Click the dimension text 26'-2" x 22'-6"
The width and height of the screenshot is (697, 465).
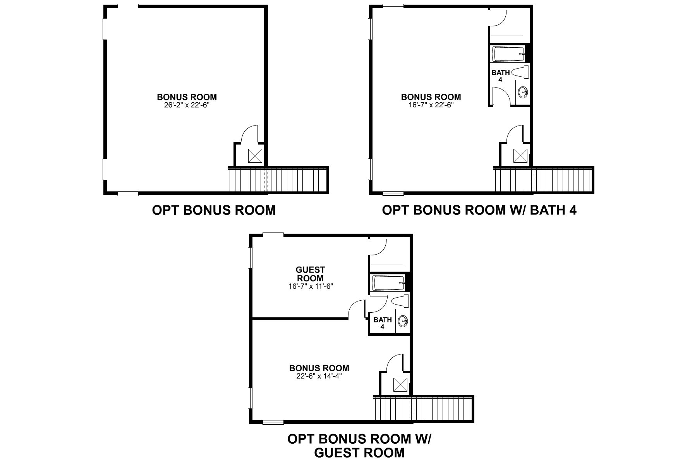pos(187,105)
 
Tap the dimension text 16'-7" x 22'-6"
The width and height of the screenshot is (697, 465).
pos(431,105)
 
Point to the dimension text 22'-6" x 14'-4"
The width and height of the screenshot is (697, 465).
pos(319,376)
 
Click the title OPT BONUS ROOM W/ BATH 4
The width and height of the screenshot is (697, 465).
pos(479,210)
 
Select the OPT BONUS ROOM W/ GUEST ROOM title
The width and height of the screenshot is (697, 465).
pos(359,446)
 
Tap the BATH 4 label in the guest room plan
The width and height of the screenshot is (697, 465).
pos(383,323)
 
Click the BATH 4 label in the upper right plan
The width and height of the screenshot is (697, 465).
pos(501,76)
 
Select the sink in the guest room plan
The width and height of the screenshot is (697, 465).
pos(403,321)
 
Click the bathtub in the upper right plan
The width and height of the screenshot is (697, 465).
pos(508,54)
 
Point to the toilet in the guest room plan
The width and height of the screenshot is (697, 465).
pos(400,301)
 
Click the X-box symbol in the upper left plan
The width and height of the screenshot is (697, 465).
pos(255,156)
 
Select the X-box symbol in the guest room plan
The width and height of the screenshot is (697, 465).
pos(401,384)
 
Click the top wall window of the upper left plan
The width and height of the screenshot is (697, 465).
pos(128,6)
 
